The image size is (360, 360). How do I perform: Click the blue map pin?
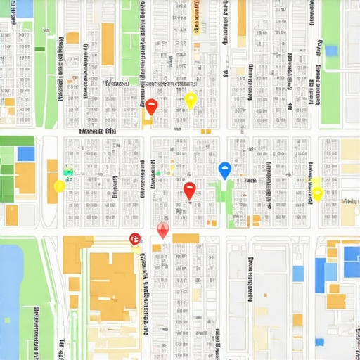(225, 169)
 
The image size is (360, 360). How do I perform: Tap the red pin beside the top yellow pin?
(151, 106)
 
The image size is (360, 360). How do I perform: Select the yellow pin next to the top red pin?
(190, 100)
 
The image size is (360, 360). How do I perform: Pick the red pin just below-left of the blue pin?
(189, 190)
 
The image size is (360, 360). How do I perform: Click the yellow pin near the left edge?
(60, 186)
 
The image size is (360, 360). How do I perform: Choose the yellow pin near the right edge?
(317, 192)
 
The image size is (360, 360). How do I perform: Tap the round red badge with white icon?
(135, 239)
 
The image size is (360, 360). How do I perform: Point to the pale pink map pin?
(163, 229)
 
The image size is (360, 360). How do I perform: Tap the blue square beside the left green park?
(26, 153)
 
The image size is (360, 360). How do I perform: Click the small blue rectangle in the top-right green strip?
(331, 51)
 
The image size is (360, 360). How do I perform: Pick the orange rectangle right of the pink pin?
(186, 238)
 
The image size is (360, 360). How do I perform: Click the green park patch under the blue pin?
(224, 191)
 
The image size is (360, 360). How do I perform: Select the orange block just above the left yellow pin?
(52, 171)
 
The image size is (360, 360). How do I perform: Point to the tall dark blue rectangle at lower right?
(320, 275)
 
